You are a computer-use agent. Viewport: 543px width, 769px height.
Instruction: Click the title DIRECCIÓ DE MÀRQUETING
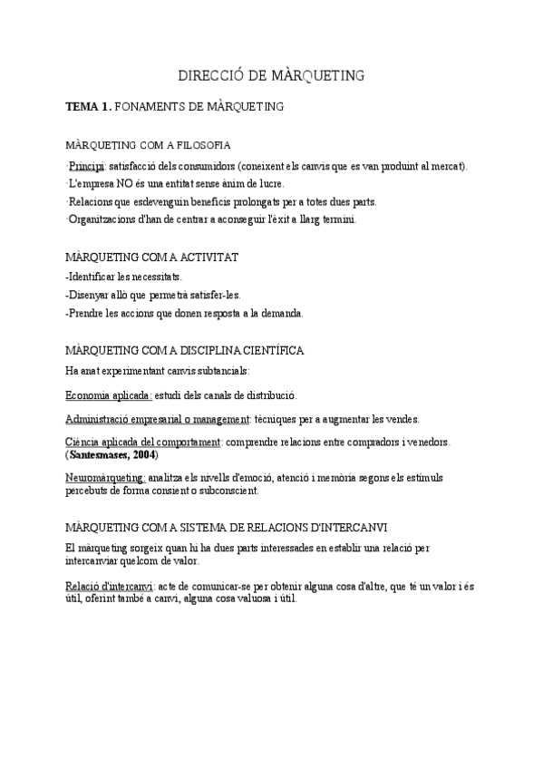[271, 75]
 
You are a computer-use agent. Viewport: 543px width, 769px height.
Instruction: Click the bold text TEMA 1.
[89, 107]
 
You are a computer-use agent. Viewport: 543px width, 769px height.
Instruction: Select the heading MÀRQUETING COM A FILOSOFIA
[149, 145]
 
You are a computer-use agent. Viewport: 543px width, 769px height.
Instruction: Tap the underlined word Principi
[86, 167]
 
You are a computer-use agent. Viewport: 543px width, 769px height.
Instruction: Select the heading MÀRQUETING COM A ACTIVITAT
[152, 258]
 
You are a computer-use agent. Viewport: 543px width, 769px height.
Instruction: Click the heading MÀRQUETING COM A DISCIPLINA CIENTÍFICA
[185, 350]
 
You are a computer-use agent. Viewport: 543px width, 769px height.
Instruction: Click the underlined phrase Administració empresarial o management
[158, 419]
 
